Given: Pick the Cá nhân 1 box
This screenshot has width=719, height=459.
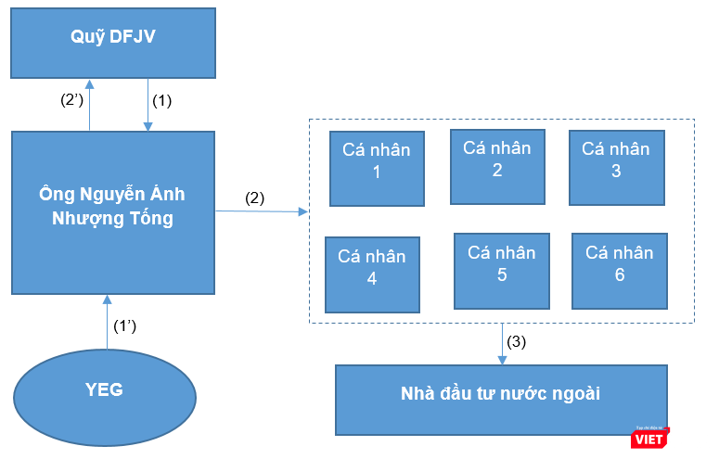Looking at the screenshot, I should click(377, 168).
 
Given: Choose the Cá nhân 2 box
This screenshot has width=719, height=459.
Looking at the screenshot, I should click(496, 166).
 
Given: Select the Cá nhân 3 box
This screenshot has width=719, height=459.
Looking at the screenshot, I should click(615, 166).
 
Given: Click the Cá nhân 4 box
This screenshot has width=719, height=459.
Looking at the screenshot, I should click(372, 274).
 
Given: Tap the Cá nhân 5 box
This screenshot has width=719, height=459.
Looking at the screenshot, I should click(501, 270).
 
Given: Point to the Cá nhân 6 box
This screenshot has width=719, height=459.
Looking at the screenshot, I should click(620, 270).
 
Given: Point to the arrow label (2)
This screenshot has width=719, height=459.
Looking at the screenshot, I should click(255, 198).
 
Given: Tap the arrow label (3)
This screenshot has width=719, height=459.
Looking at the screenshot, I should click(517, 341).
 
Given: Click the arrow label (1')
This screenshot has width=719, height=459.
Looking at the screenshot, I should click(126, 326).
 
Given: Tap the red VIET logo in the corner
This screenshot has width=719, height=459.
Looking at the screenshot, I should click(649, 437).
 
